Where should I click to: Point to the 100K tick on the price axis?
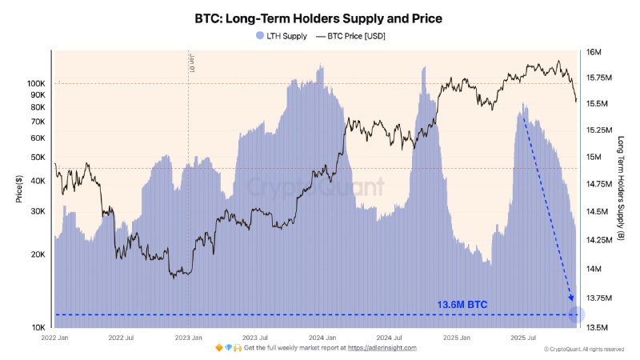36,83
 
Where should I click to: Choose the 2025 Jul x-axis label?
523,338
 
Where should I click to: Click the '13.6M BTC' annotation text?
462,305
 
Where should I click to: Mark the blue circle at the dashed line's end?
576,315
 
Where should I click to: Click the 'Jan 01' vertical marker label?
192,64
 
